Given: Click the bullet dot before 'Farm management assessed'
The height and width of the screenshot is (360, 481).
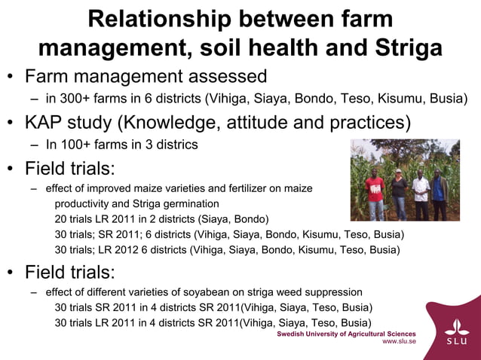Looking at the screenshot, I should pyautogui.click(x=11, y=77).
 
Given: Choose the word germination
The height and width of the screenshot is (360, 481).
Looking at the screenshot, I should pyautogui.click(x=186, y=204).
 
